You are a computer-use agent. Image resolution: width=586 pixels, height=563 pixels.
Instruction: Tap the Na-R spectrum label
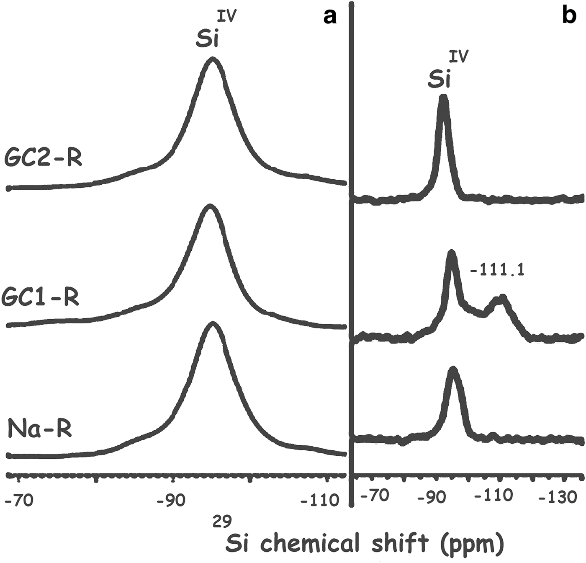tap(40, 429)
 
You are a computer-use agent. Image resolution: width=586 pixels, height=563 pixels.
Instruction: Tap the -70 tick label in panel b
tap(375, 496)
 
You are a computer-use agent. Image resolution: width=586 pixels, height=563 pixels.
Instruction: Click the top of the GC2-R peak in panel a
tap(213, 60)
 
